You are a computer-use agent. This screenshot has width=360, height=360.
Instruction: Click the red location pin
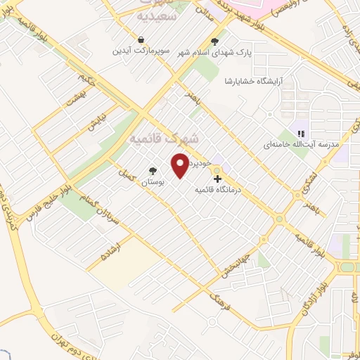tap(180, 165)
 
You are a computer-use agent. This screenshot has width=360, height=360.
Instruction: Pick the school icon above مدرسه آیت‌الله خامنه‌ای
tap(300, 133)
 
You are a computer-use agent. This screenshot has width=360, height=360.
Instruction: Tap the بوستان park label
tap(152, 181)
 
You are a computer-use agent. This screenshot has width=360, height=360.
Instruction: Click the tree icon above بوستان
tap(153, 171)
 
